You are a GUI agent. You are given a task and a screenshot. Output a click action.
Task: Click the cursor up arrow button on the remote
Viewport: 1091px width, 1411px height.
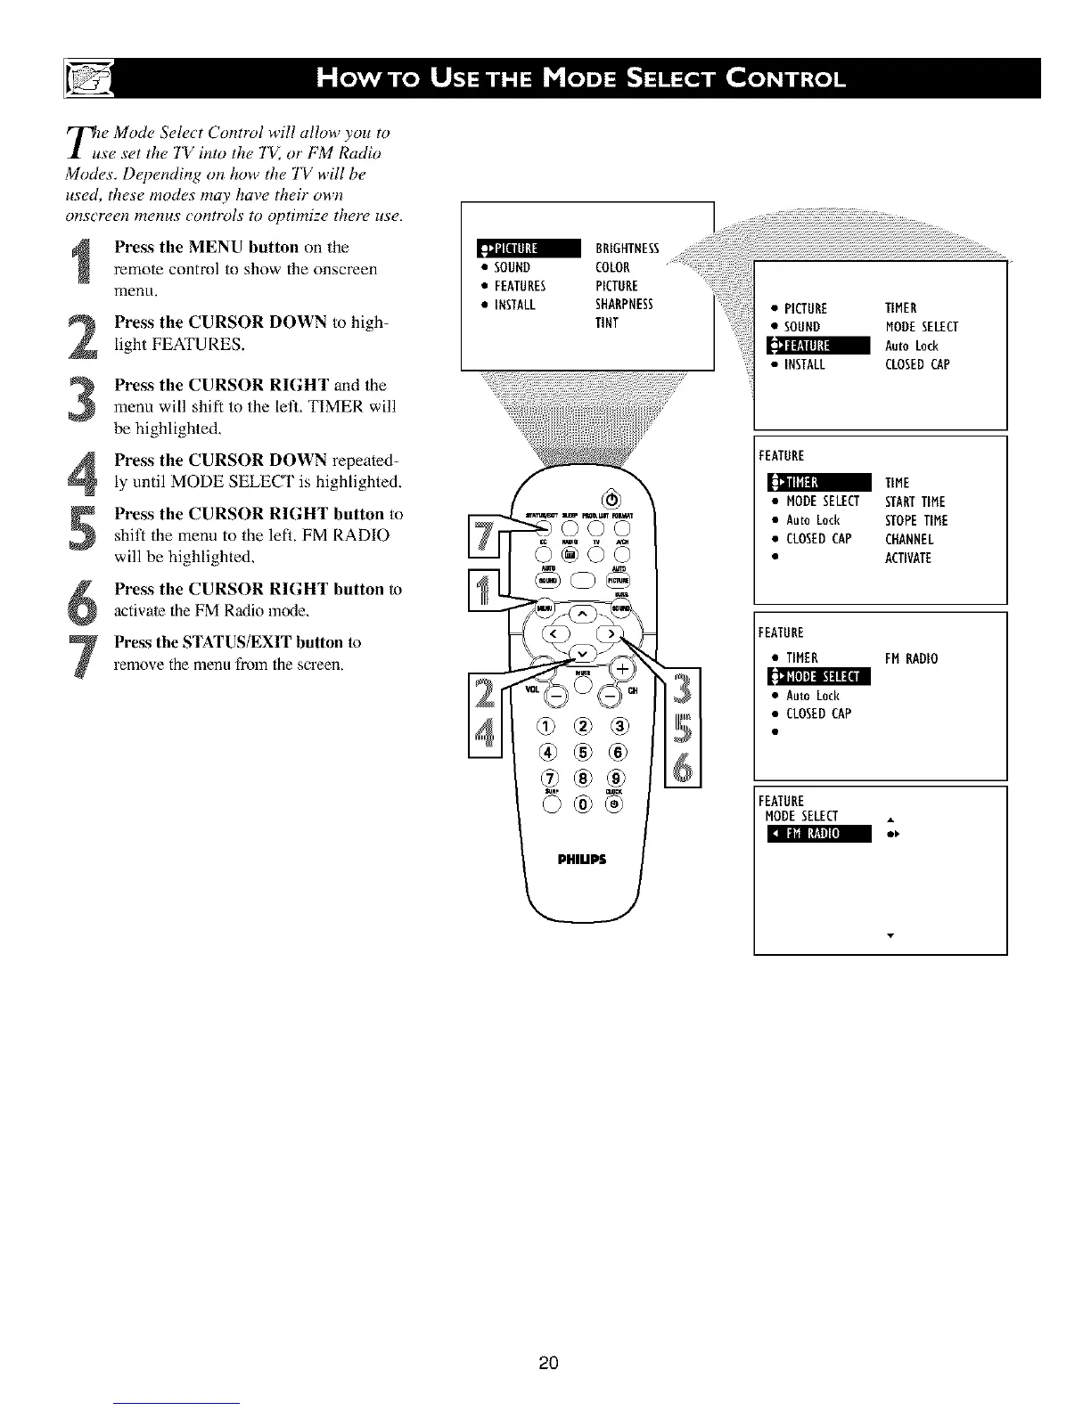[583, 614]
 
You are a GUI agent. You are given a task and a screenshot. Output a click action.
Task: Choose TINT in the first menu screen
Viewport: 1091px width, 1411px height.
[606, 322]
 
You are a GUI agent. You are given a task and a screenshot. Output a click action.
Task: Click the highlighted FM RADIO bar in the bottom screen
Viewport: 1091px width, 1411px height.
[812, 834]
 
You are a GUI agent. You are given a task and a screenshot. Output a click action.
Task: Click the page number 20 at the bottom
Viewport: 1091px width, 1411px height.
[548, 1362]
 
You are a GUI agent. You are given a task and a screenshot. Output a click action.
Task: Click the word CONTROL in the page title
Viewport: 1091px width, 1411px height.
[783, 79]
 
